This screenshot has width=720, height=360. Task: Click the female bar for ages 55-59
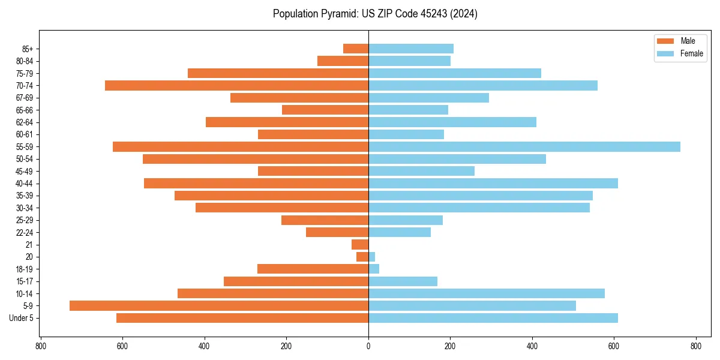tap(524, 147)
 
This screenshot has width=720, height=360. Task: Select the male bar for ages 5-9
tap(219, 306)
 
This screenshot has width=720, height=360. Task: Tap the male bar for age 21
tap(360, 245)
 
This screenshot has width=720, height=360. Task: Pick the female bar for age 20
tap(371, 257)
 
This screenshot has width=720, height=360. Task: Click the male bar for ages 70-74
tap(236, 86)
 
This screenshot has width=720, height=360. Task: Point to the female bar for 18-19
tap(374, 269)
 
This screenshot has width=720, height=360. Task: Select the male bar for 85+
tap(356, 49)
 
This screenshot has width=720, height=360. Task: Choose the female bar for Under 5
tap(493, 318)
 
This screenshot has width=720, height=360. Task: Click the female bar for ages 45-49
tap(421, 171)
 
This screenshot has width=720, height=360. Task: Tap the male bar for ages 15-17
tap(296, 281)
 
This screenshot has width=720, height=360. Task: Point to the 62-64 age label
tap(25, 122)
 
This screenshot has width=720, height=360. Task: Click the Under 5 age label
tap(22, 318)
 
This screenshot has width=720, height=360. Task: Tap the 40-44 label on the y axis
tap(25, 184)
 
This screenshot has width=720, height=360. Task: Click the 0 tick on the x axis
tap(368, 346)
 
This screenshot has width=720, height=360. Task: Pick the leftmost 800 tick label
tap(41, 346)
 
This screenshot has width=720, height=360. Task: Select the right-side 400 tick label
tap(532, 346)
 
